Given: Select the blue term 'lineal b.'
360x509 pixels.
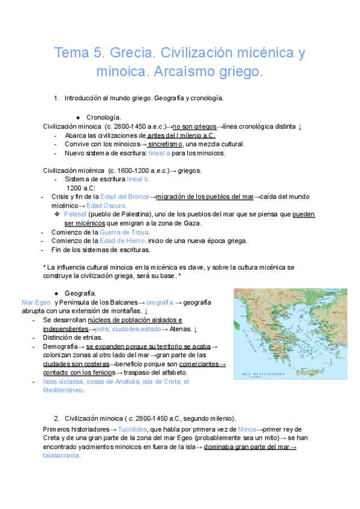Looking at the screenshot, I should [139, 179].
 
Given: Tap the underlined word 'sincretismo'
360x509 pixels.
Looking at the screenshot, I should [166, 144].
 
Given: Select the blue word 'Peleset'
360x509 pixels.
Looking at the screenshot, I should [75, 214].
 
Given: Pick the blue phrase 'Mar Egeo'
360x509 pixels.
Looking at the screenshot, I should [35, 303].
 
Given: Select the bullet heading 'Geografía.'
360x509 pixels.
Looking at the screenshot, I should [101, 293].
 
